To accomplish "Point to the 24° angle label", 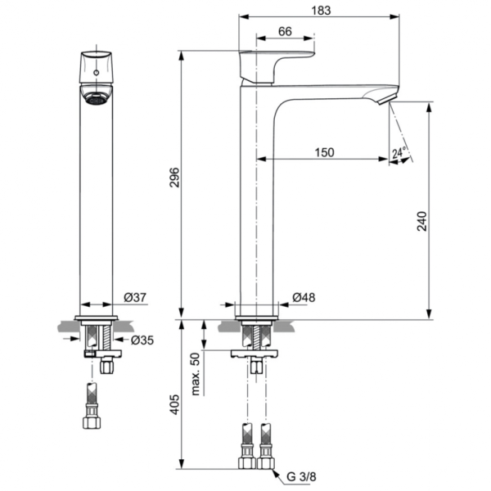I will pos(399,153).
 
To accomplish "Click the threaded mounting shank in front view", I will pos(96,336).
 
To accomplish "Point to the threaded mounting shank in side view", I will pos(256,336).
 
